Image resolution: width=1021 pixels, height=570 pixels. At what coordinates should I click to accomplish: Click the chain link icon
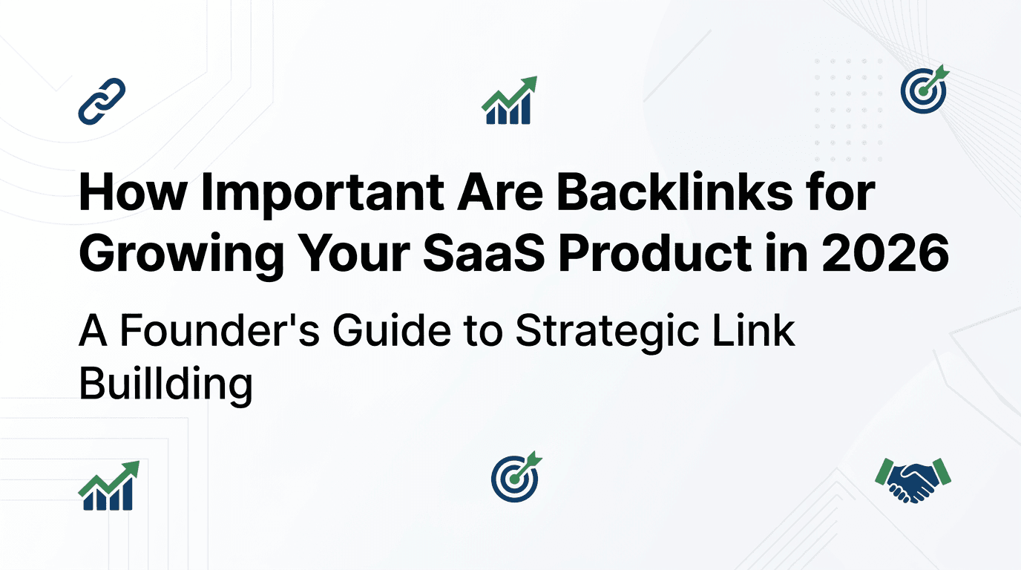(x=102, y=101)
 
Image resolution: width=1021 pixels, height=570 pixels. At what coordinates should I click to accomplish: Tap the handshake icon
(x=913, y=479)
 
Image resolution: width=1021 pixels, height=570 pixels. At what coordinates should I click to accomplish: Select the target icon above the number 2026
(x=924, y=90)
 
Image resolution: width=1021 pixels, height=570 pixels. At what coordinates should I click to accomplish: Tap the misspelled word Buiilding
(x=165, y=384)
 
